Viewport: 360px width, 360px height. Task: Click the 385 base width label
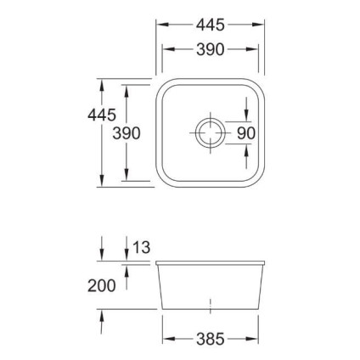[210, 340]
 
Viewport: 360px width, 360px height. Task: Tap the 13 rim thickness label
[141, 248]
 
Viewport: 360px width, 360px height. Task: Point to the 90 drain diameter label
[245, 133]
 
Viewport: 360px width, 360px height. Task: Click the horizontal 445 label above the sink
[210, 25]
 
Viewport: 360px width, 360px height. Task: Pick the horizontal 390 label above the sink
[210, 50]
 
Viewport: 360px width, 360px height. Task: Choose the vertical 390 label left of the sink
[125, 133]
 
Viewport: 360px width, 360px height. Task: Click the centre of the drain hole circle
[209, 132]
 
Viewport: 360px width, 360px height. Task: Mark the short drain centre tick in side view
[210, 303]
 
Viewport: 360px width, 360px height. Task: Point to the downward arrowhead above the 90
[245, 115]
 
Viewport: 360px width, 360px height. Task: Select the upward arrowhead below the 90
[245, 150]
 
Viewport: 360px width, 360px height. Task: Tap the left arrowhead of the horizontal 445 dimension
[160, 25]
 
